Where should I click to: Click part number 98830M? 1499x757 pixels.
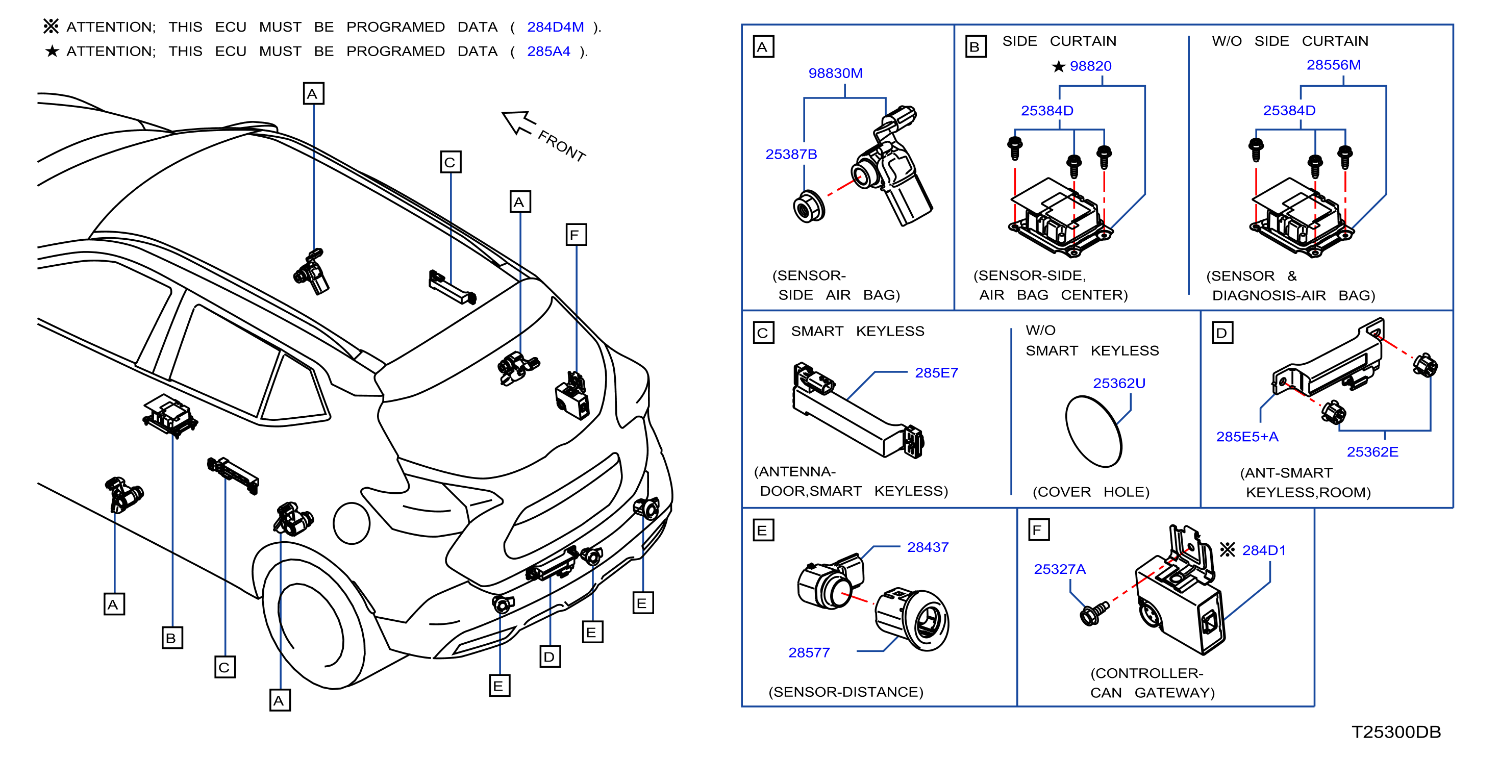(x=835, y=73)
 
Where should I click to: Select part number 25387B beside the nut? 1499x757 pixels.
(x=791, y=154)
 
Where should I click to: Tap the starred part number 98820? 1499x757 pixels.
(x=1090, y=66)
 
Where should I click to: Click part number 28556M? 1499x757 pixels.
(x=1333, y=65)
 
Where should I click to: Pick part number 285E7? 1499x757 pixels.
(x=936, y=373)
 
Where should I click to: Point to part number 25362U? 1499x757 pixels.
(x=1118, y=384)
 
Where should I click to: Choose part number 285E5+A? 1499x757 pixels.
(x=1247, y=437)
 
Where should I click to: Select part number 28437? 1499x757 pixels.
(x=928, y=547)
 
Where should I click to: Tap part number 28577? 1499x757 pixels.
(x=809, y=653)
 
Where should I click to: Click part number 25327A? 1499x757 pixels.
(x=1059, y=569)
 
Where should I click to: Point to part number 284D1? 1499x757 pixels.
(x=1263, y=550)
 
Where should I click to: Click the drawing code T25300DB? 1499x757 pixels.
(x=1395, y=732)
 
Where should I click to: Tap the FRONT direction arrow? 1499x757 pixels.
(x=518, y=122)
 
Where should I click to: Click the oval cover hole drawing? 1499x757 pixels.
(x=1093, y=431)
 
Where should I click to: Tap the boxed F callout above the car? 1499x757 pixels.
(x=576, y=235)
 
